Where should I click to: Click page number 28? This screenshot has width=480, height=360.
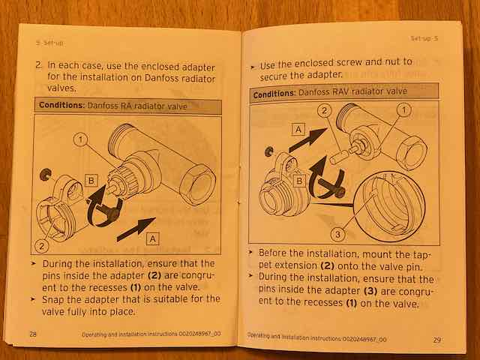(x=33, y=333)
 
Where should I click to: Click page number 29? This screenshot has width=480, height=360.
(x=436, y=340)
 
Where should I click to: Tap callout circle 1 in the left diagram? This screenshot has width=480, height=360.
(x=80, y=140)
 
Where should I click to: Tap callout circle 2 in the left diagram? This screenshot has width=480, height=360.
(x=41, y=246)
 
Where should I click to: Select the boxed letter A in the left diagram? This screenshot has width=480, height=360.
(x=153, y=238)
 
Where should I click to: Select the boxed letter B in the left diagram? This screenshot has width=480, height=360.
(x=91, y=181)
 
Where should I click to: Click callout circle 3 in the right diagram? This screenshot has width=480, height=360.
(x=337, y=235)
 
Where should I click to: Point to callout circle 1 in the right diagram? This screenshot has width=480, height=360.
(x=404, y=110)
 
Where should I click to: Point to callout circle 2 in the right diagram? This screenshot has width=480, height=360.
(x=325, y=110)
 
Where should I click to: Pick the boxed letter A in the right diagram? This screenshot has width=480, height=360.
(x=298, y=129)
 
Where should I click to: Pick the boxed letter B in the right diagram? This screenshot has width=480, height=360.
(x=299, y=181)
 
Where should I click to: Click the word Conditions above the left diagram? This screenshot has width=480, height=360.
(x=61, y=105)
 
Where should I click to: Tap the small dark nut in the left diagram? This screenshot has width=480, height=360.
(x=46, y=174)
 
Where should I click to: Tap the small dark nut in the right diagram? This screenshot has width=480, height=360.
(x=269, y=151)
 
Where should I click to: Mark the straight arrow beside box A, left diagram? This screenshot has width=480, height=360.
(x=136, y=229)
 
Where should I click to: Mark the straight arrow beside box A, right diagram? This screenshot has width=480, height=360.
(x=308, y=140)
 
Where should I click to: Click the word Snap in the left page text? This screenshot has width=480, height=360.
(x=52, y=299)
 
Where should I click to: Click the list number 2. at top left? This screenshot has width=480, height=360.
(x=39, y=65)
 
